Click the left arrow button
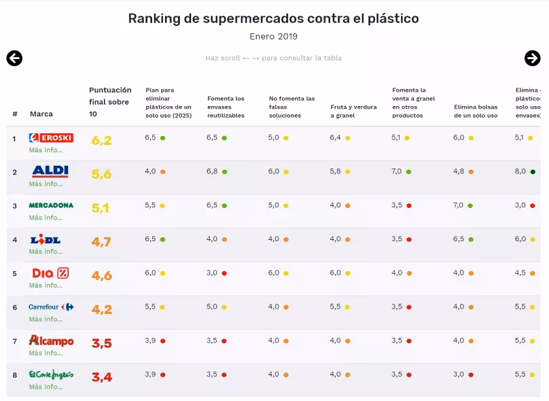(x=14, y=58)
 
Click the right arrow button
(x=533, y=58)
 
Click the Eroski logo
(x=51, y=138)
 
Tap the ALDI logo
(x=50, y=171)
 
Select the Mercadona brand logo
(x=51, y=205)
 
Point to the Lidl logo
(x=46, y=239)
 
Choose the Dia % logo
(x=50, y=273)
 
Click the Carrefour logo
(x=51, y=307)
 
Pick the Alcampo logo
(x=51, y=341)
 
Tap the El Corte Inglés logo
(x=51, y=374)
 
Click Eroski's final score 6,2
(x=101, y=141)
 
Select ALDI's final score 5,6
(x=101, y=175)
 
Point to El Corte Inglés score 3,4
(x=101, y=377)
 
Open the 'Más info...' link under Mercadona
(x=46, y=217)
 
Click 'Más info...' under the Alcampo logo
(x=46, y=353)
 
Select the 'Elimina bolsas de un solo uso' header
(x=476, y=111)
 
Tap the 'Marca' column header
(x=41, y=114)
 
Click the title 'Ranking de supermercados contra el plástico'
(x=273, y=18)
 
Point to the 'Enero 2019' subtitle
(x=273, y=37)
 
